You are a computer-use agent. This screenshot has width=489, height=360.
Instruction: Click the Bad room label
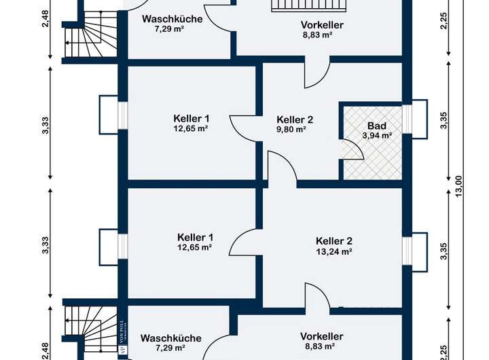[376, 126]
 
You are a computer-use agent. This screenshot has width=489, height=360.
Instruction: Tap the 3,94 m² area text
[377, 135]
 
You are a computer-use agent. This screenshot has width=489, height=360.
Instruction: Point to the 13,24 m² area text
[333, 251]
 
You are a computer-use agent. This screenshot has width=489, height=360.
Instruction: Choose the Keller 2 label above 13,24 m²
[333, 240]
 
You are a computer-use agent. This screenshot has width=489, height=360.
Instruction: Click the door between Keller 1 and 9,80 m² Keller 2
[243, 127]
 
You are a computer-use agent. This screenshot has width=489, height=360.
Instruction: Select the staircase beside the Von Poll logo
[82, 322]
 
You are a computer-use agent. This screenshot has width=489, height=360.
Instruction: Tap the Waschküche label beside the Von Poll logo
[170, 338]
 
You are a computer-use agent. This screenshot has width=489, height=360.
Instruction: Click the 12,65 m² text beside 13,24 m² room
[195, 247]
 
